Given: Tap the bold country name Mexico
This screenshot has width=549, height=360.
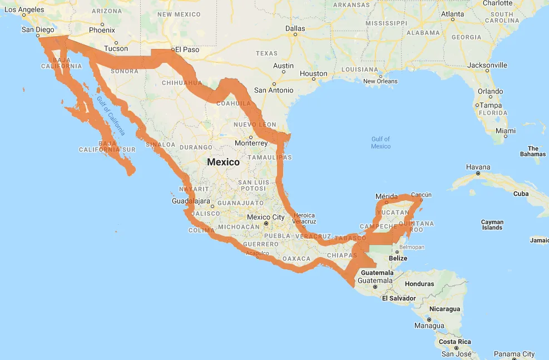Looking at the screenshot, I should (223, 162).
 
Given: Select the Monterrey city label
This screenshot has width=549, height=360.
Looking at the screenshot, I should (251, 143).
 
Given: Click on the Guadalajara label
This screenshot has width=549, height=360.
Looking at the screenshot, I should (191, 201).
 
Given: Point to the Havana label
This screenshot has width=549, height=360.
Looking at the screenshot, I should (478, 167).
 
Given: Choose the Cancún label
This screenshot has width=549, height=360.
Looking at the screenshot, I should (421, 195).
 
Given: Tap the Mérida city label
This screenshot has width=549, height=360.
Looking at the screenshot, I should (387, 196).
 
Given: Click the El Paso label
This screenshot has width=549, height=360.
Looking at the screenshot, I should (187, 50).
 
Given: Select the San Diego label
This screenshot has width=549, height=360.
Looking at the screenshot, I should (38, 29).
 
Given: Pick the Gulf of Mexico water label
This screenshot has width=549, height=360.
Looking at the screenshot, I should (381, 142).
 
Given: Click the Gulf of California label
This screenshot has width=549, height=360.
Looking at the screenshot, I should (111, 116).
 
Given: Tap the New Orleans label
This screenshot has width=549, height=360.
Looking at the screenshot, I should (380, 81).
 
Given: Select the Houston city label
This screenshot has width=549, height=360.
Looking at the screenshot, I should (314, 73).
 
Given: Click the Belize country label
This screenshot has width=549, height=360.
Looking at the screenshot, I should (398, 258).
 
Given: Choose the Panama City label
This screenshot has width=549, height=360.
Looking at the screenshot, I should (515, 354).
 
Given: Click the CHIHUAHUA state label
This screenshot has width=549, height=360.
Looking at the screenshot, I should (182, 82).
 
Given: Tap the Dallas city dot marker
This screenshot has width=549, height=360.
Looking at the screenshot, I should (295, 34).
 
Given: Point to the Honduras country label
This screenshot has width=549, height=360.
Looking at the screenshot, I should (419, 284).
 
